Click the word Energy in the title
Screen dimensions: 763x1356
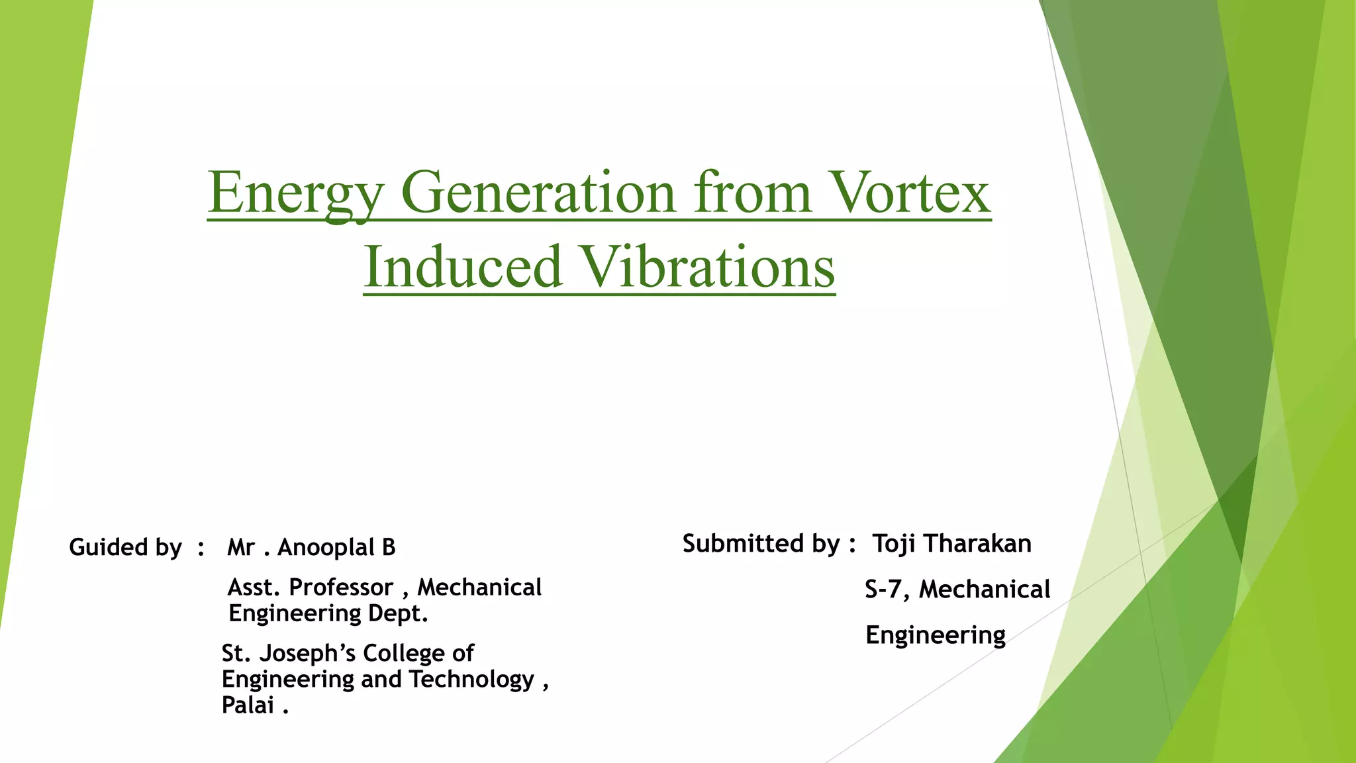point(295,193)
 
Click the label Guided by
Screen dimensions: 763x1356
point(125,548)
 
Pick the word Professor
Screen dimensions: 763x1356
point(341,587)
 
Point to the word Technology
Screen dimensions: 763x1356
point(471,680)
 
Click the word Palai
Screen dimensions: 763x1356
point(248,705)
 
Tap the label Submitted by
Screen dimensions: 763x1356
point(761,544)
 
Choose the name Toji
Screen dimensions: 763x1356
point(894,544)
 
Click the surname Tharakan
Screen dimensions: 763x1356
point(978,544)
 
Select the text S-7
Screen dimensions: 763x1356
point(883,589)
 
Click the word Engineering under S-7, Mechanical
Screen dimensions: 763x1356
point(936,635)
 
